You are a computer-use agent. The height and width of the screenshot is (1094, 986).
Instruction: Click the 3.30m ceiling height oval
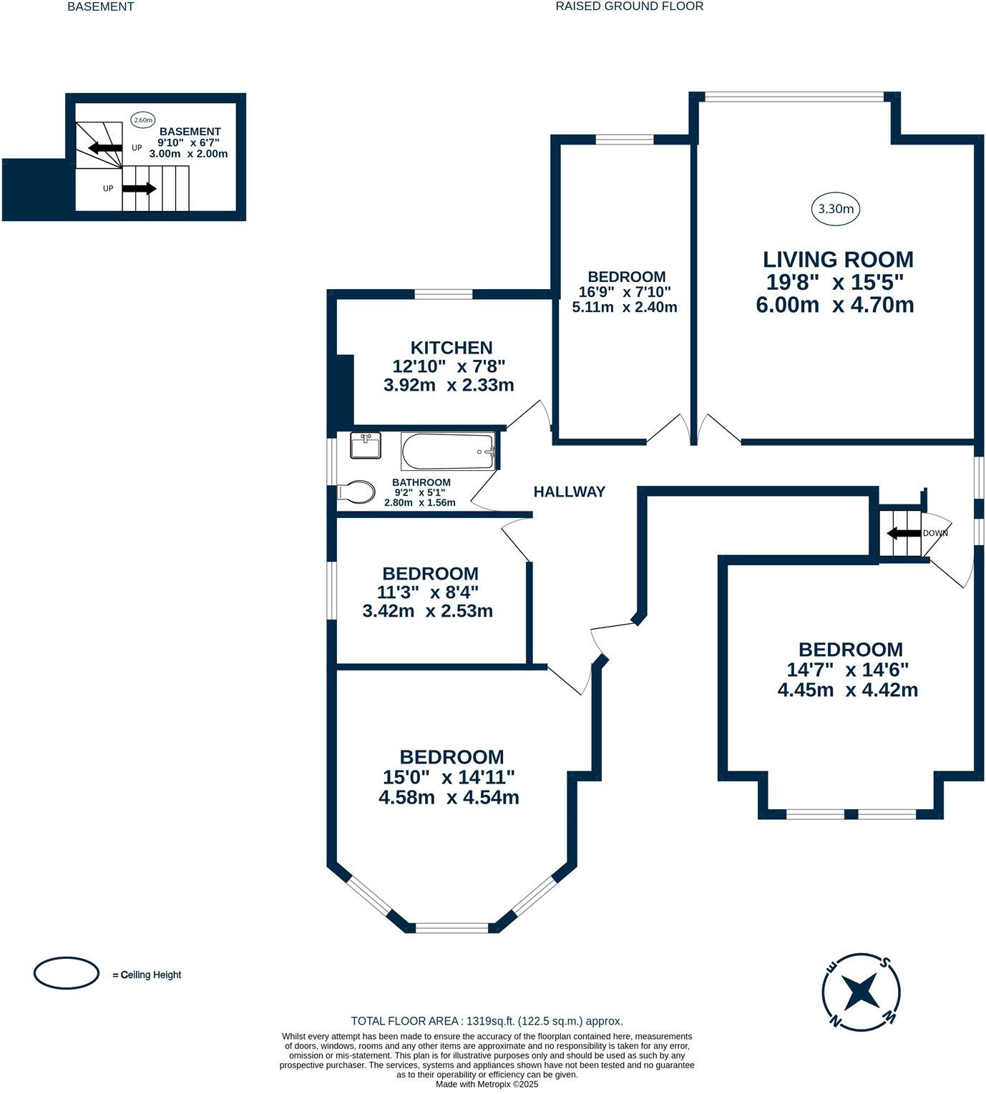[x=836, y=209]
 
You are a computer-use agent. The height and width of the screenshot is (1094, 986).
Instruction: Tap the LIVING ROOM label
[x=837, y=259]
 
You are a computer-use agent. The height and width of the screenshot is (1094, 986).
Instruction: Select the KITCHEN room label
[x=451, y=348]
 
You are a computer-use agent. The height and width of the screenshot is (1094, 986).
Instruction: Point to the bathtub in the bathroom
[x=448, y=451]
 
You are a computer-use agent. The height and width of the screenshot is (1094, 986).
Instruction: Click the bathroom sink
[x=366, y=446]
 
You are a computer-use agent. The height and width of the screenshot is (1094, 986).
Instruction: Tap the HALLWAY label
[x=569, y=492]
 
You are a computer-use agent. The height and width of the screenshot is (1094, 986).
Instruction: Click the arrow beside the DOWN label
[x=903, y=533]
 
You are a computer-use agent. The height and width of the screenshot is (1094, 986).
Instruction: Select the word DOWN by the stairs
[x=935, y=533]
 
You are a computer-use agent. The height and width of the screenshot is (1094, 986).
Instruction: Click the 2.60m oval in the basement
[x=143, y=120]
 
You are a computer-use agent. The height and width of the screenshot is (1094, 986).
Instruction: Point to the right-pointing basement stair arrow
[x=140, y=189]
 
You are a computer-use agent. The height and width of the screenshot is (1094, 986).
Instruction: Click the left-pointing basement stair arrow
[x=104, y=148]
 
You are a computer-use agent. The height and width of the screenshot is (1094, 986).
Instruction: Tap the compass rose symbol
[x=861, y=991]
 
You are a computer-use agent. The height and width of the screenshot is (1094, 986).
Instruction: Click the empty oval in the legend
[x=67, y=973]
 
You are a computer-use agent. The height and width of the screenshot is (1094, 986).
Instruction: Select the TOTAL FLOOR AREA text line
[x=487, y=1021]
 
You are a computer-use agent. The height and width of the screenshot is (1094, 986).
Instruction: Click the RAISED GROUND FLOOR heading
[x=629, y=6]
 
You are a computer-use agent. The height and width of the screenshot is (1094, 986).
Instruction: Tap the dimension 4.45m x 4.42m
[x=847, y=690]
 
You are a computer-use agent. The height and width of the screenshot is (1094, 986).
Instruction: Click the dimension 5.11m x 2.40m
[x=624, y=307]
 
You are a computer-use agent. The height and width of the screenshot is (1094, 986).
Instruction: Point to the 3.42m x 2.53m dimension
[x=427, y=611]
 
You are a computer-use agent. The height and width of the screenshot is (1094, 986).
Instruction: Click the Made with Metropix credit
[x=487, y=1084]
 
